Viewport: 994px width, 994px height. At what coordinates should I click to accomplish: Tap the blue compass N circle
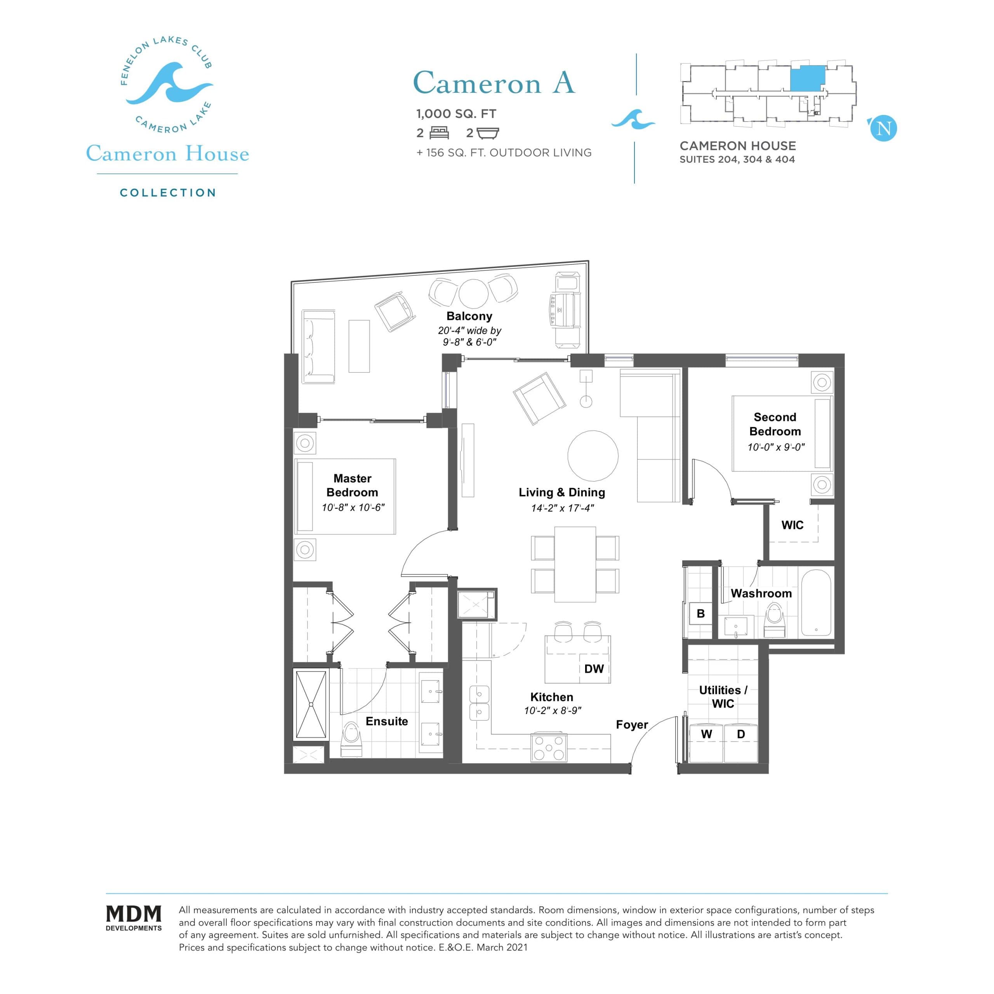tap(883, 128)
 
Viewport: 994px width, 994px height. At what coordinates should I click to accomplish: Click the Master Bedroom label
tap(353, 485)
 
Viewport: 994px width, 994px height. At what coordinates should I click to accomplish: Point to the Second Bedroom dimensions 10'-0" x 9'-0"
tap(776, 447)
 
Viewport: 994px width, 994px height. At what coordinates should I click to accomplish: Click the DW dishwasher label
tap(594, 669)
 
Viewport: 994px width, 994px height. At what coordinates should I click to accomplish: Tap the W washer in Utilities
tap(706, 734)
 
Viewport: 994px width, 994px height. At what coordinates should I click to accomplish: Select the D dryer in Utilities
tap(741, 734)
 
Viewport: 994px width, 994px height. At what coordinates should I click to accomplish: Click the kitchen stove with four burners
tap(549, 747)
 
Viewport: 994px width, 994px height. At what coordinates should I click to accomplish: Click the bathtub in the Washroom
tap(816, 603)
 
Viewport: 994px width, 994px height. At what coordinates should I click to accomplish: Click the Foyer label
tap(632, 725)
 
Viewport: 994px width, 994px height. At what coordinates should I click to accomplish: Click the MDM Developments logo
tap(134, 918)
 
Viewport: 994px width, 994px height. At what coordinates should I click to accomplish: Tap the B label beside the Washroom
tap(700, 613)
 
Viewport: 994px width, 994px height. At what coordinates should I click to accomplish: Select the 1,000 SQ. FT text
tap(456, 114)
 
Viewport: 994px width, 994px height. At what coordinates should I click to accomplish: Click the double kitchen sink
tap(479, 703)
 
